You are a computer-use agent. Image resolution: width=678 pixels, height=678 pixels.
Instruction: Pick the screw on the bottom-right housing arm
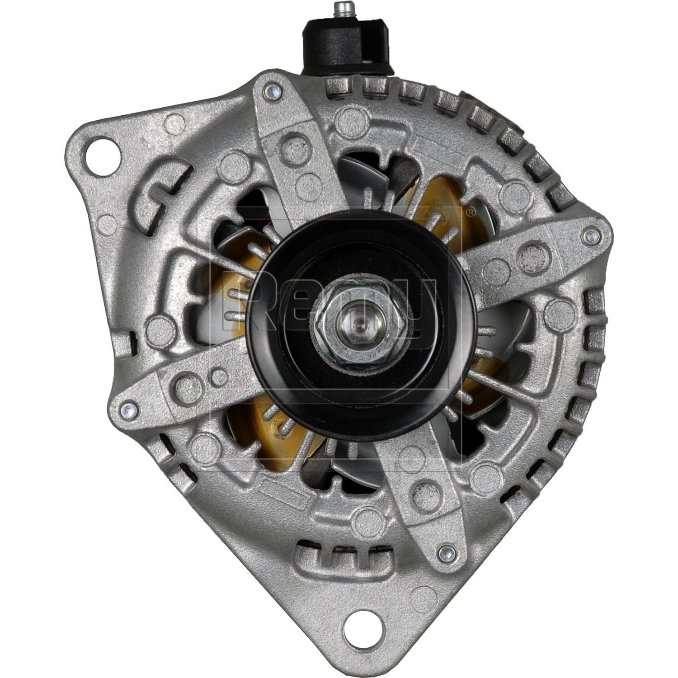(x=444, y=551)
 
